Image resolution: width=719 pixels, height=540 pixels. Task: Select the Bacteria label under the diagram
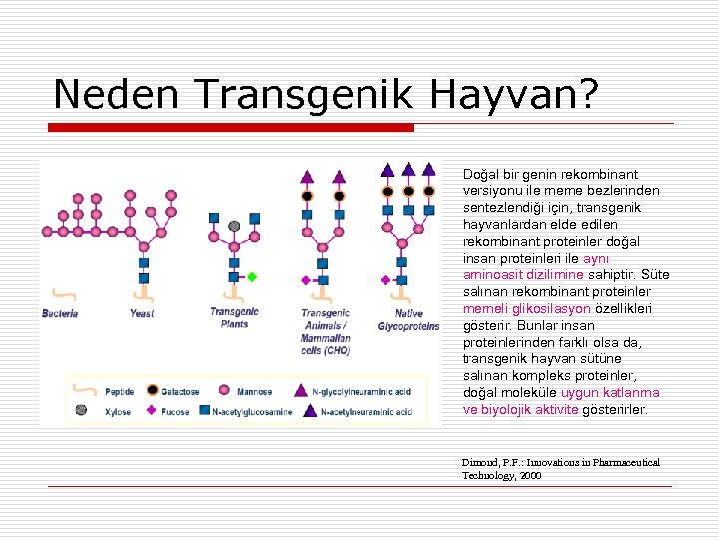point(60,314)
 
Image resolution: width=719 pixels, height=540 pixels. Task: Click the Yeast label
point(142,314)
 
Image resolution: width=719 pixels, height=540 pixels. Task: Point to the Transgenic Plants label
point(234,318)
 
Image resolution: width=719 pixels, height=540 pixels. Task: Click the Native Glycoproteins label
point(409,320)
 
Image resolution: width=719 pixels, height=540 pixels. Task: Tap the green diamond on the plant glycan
point(253,277)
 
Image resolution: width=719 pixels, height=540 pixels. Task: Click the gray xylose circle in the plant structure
point(234,226)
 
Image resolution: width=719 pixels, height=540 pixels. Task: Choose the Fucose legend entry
point(172,411)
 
